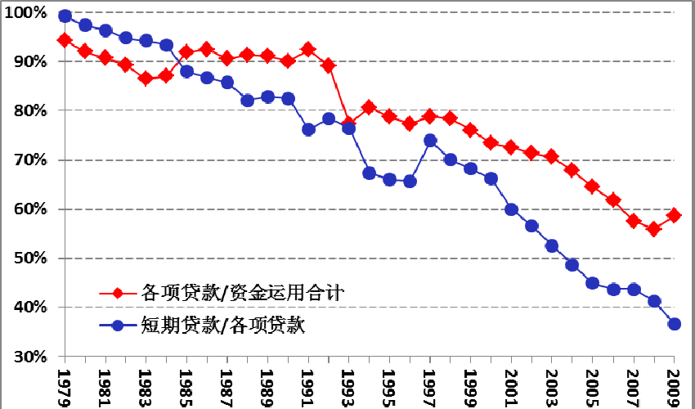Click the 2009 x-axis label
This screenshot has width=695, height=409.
(x=675, y=382)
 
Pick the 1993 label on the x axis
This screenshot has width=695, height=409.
(x=350, y=382)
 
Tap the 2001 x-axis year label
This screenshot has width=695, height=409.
(x=513, y=382)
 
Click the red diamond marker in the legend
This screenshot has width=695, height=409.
(x=119, y=292)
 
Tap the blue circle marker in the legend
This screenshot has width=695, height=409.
(x=119, y=325)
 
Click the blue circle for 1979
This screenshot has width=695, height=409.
(x=65, y=16)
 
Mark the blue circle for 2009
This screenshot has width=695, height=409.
(x=675, y=324)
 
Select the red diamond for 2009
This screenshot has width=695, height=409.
(x=675, y=215)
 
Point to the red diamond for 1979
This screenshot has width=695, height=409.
(x=65, y=40)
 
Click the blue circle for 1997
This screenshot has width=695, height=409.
(x=431, y=141)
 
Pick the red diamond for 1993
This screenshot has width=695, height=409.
(x=349, y=124)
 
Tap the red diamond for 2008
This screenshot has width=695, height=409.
(x=654, y=229)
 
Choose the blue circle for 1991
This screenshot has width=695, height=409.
(x=308, y=129)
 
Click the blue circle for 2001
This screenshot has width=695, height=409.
(x=512, y=209)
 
